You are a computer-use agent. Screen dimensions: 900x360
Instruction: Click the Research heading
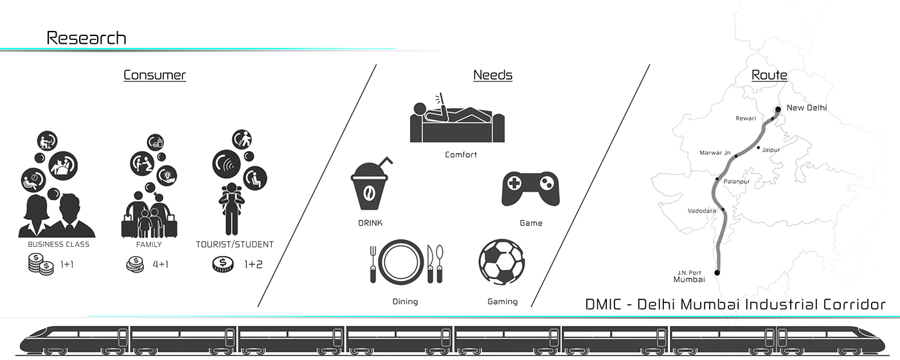(86, 38)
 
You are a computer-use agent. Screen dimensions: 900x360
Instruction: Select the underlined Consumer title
(154, 75)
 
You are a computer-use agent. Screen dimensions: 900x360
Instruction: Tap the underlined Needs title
(492, 75)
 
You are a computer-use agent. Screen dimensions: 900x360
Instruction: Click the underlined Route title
(770, 75)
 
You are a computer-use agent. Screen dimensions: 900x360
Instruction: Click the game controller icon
(530, 188)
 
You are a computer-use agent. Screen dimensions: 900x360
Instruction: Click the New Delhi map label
(806, 108)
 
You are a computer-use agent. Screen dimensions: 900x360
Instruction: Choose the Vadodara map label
(701, 211)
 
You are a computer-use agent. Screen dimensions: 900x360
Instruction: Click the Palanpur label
(737, 182)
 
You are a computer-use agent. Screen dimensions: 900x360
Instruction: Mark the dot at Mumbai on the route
(717, 273)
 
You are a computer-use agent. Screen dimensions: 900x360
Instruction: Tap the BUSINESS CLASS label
(59, 245)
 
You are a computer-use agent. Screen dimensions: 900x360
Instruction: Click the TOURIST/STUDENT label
(235, 245)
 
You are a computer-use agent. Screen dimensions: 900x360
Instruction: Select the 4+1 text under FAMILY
(160, 264)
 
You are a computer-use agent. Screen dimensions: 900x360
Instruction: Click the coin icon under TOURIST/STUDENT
(222, 264)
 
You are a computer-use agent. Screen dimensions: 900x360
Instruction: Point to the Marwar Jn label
(715, 153)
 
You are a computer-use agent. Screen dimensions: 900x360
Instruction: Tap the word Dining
(405, 301)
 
